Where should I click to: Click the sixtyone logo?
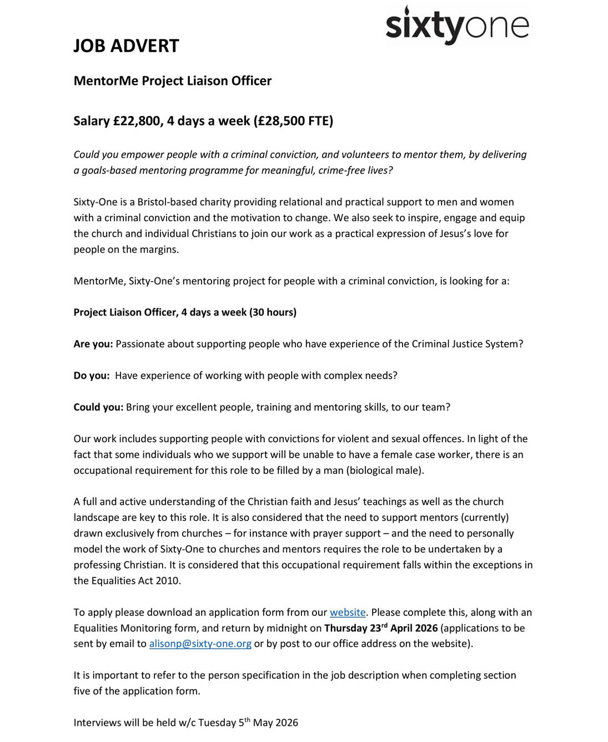point(457,26)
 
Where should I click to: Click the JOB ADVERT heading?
point(126,46)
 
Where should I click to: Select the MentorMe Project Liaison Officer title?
point(172,81)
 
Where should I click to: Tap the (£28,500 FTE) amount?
point(293,121)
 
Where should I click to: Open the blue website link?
point(348,612)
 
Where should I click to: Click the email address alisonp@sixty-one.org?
point(200,644)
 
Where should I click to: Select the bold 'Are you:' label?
point(93,344)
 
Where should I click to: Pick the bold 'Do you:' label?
point(92,375)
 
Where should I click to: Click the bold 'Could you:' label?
point(98,407)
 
